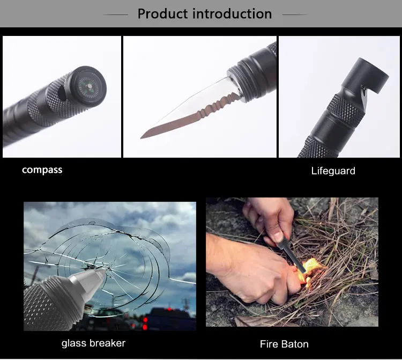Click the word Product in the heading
(x=162, y=13)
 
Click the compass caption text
(x=42, y=170)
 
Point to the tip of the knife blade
(x=142, y=138)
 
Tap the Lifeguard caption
(x=333, y=171)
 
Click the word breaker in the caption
(x=107, y=343)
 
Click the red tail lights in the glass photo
(x=145, y=323)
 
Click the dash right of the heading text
(x=295, y=14)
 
